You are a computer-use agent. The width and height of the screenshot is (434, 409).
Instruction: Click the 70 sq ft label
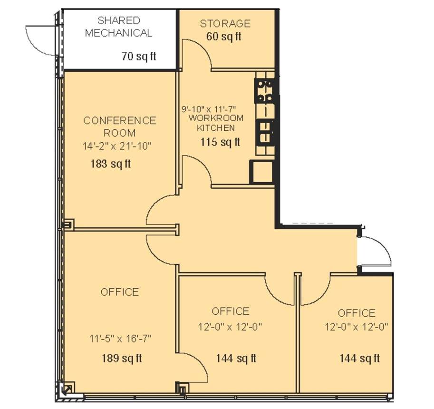click(x=139, y=56)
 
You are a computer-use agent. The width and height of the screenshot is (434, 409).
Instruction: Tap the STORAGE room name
click(x=225, y=23)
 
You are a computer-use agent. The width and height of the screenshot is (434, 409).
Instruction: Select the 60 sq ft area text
click(x=223, y=36)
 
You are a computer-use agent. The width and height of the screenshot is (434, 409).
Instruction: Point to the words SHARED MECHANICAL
click(x=119, y=27)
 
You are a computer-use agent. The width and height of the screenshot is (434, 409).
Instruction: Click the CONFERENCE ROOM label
click(x=120, y=127)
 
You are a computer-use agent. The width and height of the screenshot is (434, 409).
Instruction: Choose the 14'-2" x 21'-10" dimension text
click(x=117, y=146)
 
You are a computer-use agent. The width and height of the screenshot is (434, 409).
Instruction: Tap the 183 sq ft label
click(x=110, y=164)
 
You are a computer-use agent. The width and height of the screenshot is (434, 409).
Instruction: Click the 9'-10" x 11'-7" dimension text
click(x=208, y=108)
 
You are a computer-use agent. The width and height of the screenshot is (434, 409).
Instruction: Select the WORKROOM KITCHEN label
click(x=216, y=123)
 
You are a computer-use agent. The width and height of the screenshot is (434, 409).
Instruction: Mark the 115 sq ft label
click(x=220, y=142)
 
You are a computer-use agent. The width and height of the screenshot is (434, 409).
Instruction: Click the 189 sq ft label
click(x=122, y=358)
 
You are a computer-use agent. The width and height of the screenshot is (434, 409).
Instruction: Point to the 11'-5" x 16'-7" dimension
click(x=120, y=339)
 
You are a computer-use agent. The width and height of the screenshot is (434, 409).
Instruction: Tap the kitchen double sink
click(x=265, y=132)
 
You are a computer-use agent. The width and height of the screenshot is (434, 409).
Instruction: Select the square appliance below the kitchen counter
click(x=261, y=172)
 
